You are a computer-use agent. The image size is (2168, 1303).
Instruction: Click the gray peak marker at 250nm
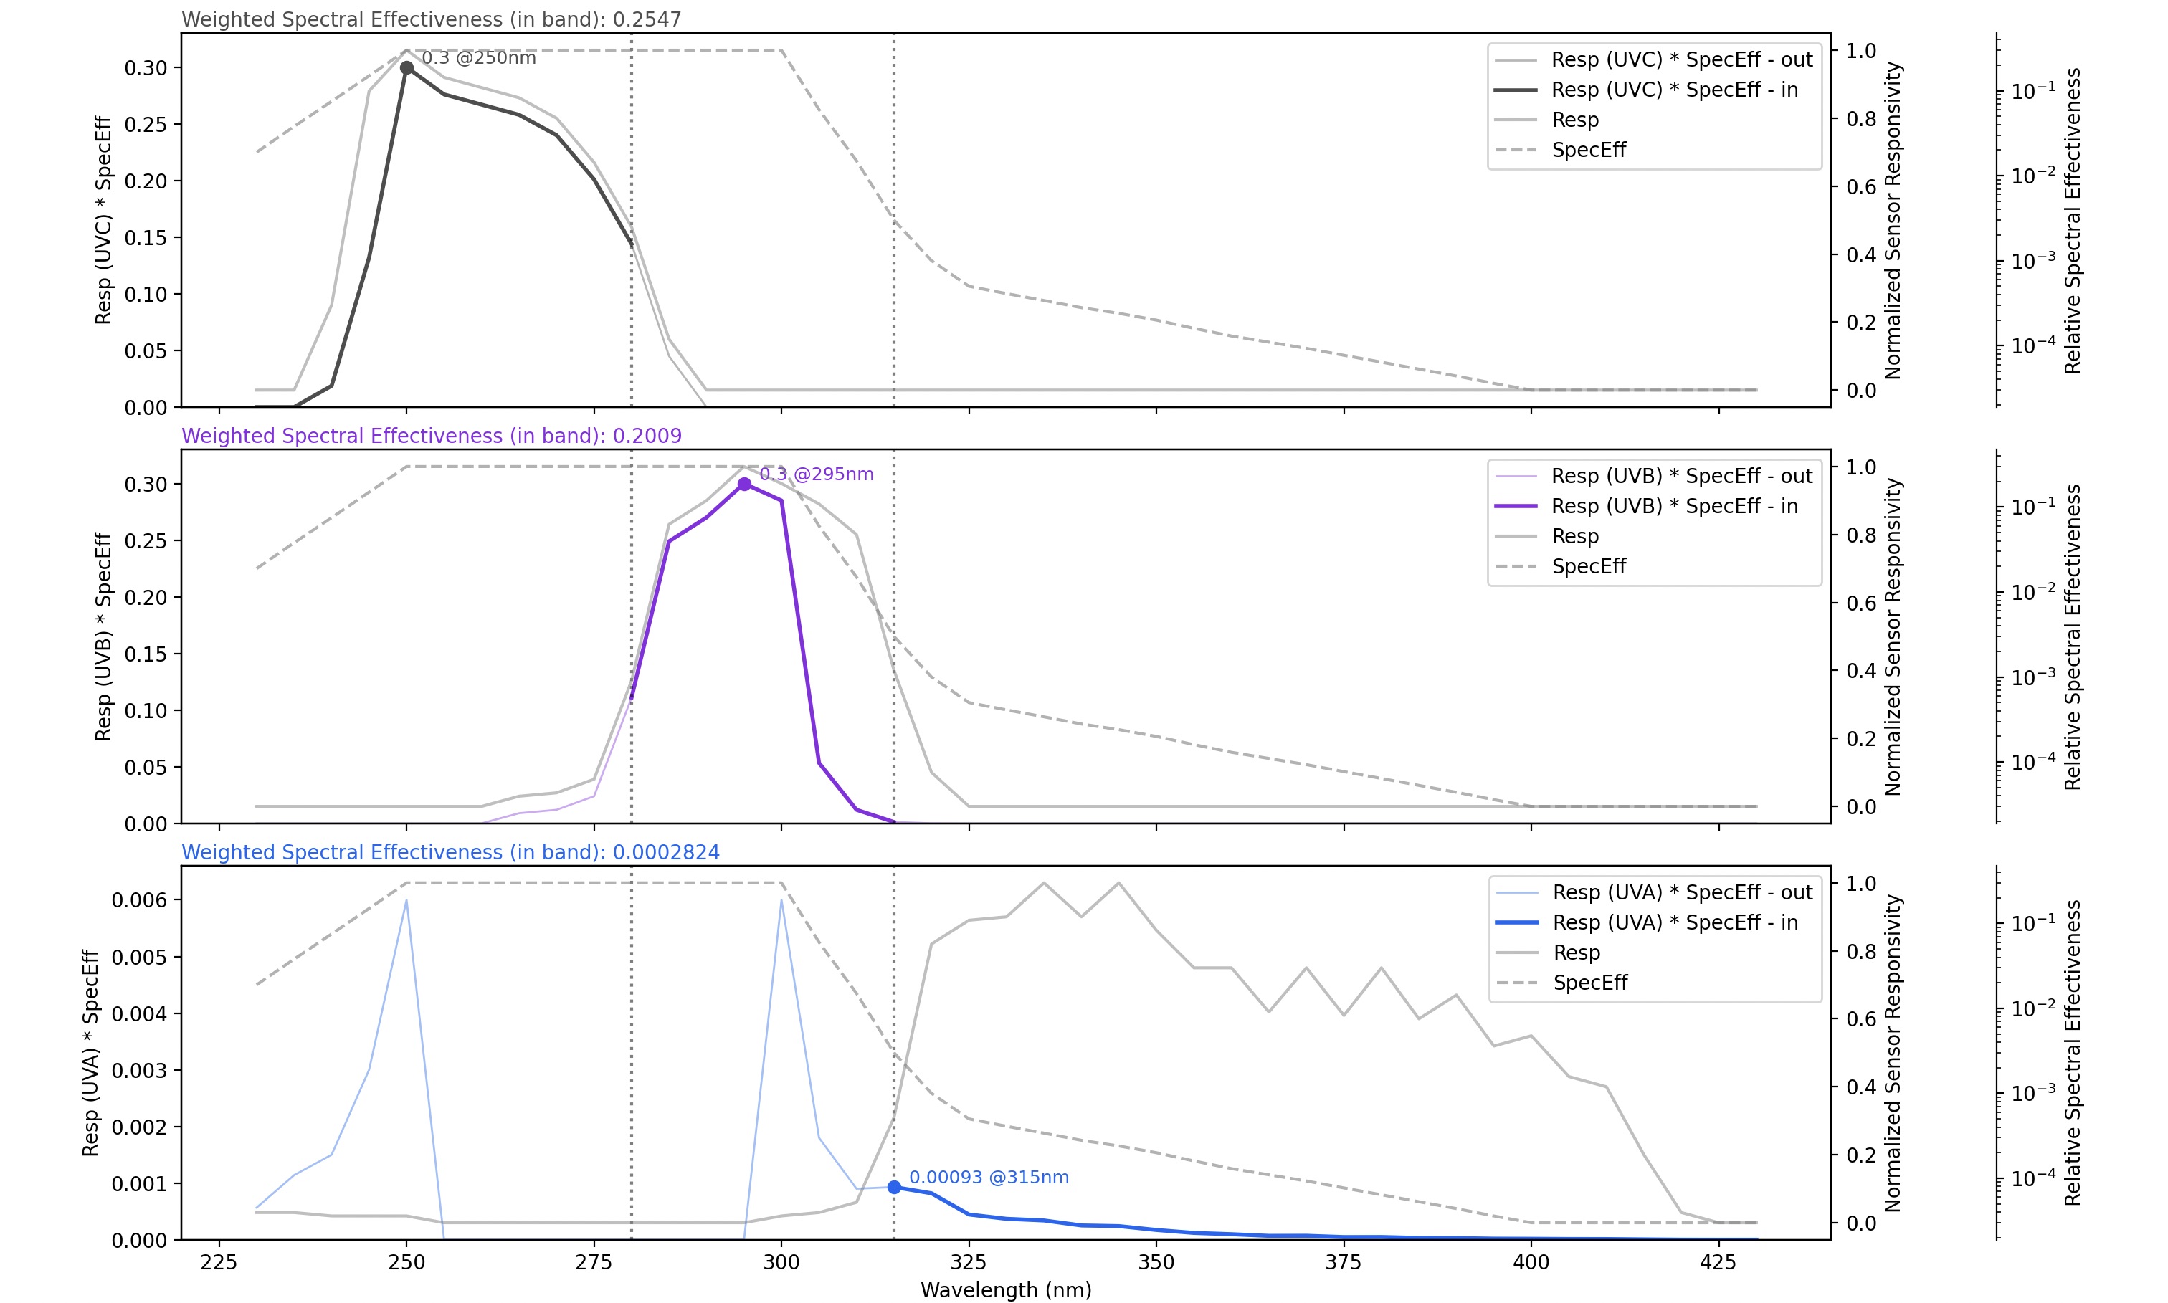406,67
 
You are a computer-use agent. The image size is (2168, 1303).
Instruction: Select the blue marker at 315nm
894,1187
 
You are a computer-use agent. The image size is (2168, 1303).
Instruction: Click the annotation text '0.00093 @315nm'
989,1178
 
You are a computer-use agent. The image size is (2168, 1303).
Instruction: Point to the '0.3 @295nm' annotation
817,474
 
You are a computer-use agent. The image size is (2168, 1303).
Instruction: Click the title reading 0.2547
431,19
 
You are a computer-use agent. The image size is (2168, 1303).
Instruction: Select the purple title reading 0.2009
431,436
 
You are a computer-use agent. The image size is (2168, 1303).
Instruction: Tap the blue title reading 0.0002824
450,851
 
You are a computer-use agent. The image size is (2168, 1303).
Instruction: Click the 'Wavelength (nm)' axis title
1005,1290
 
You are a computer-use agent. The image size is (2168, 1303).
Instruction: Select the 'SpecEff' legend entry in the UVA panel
1590,983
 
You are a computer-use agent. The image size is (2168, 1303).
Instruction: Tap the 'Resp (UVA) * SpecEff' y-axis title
90,1052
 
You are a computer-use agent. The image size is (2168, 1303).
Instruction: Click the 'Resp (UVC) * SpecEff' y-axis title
104,219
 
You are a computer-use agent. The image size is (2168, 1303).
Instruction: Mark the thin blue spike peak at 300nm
781,900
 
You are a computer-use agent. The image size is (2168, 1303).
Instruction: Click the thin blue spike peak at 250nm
406,900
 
